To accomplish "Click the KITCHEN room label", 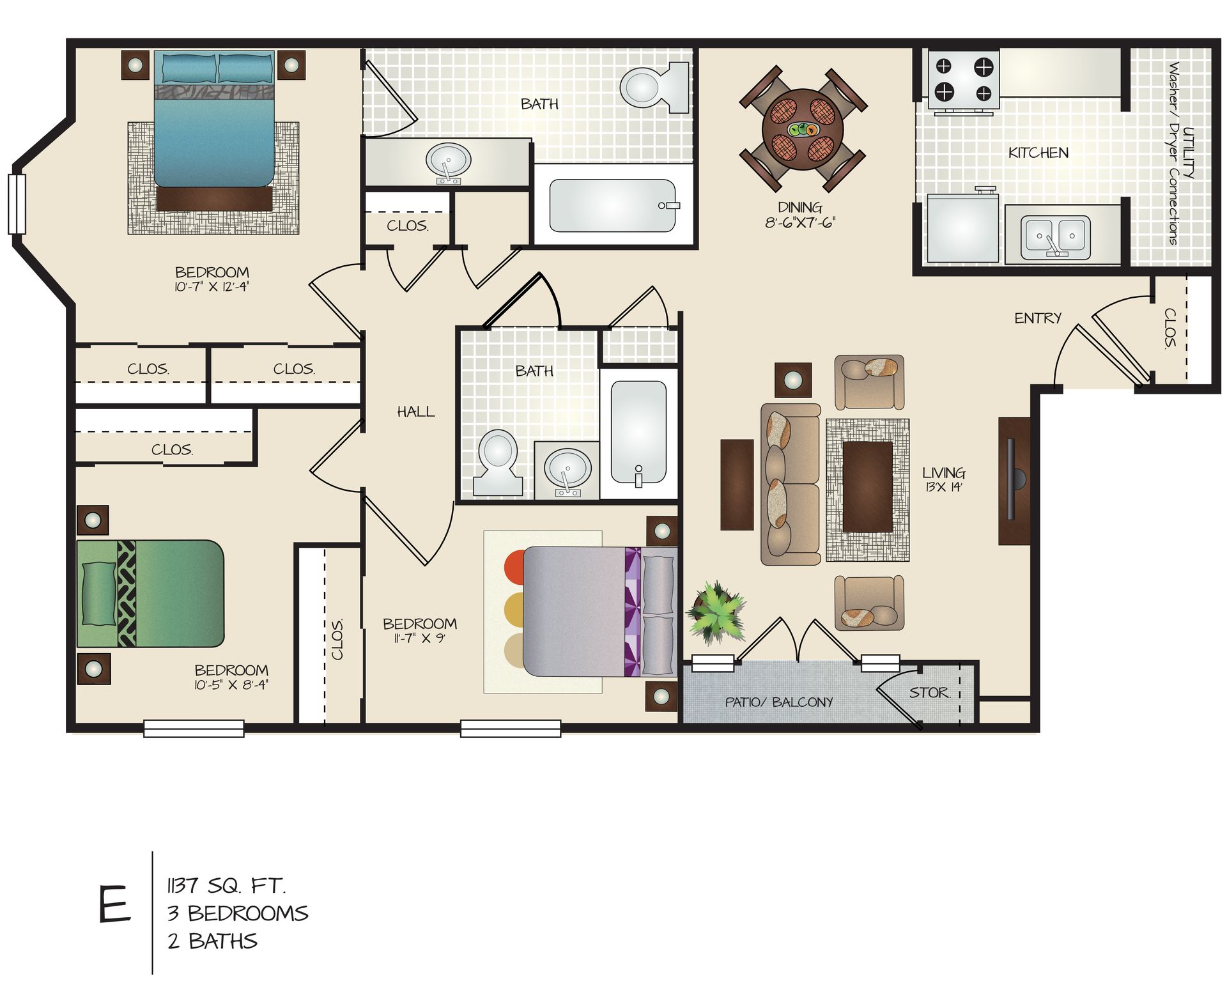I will click(x=1038, y=153).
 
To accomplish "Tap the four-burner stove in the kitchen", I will click(x=964, y=79).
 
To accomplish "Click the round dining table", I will click(x=803, y=130).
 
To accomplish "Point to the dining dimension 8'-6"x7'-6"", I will click(x=800, y=223).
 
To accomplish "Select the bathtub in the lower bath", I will click(x=638, y=433).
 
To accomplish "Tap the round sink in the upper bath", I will click(x=449, y=160).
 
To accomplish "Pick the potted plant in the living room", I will click(x=717, y=612).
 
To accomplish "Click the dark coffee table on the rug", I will click(x=867, y=486).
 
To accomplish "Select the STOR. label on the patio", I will click(x=930, y=693).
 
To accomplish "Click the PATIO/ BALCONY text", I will click(x=778, y=702).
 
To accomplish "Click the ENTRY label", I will click(x=1037, y=318).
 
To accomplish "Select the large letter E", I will click(x=115, y=905).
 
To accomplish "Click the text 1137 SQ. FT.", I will click(x=226, y=886).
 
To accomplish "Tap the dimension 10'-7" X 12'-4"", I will click(x=212, y=287).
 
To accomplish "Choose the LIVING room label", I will click(x=943, y=474).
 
